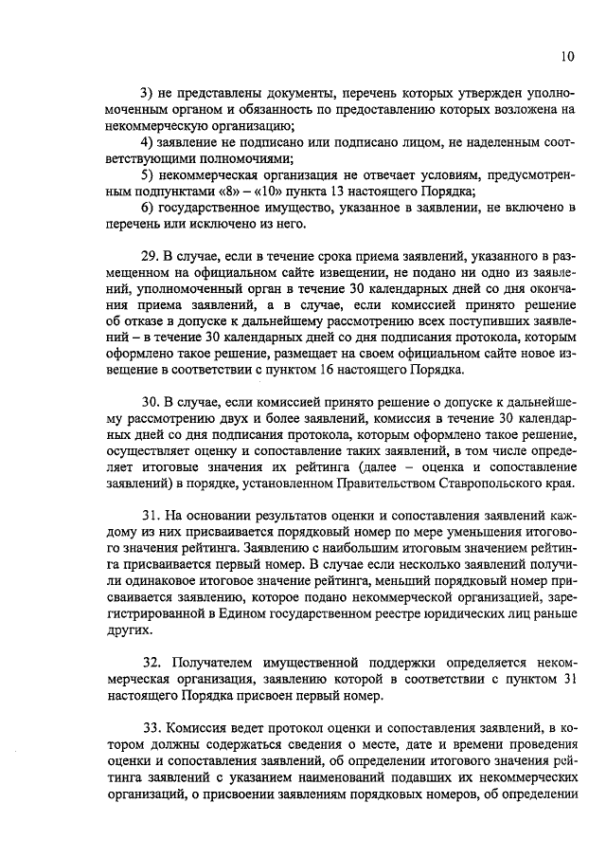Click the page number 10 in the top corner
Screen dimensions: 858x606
566,57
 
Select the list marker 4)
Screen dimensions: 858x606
149,142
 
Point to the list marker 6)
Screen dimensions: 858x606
149,209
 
